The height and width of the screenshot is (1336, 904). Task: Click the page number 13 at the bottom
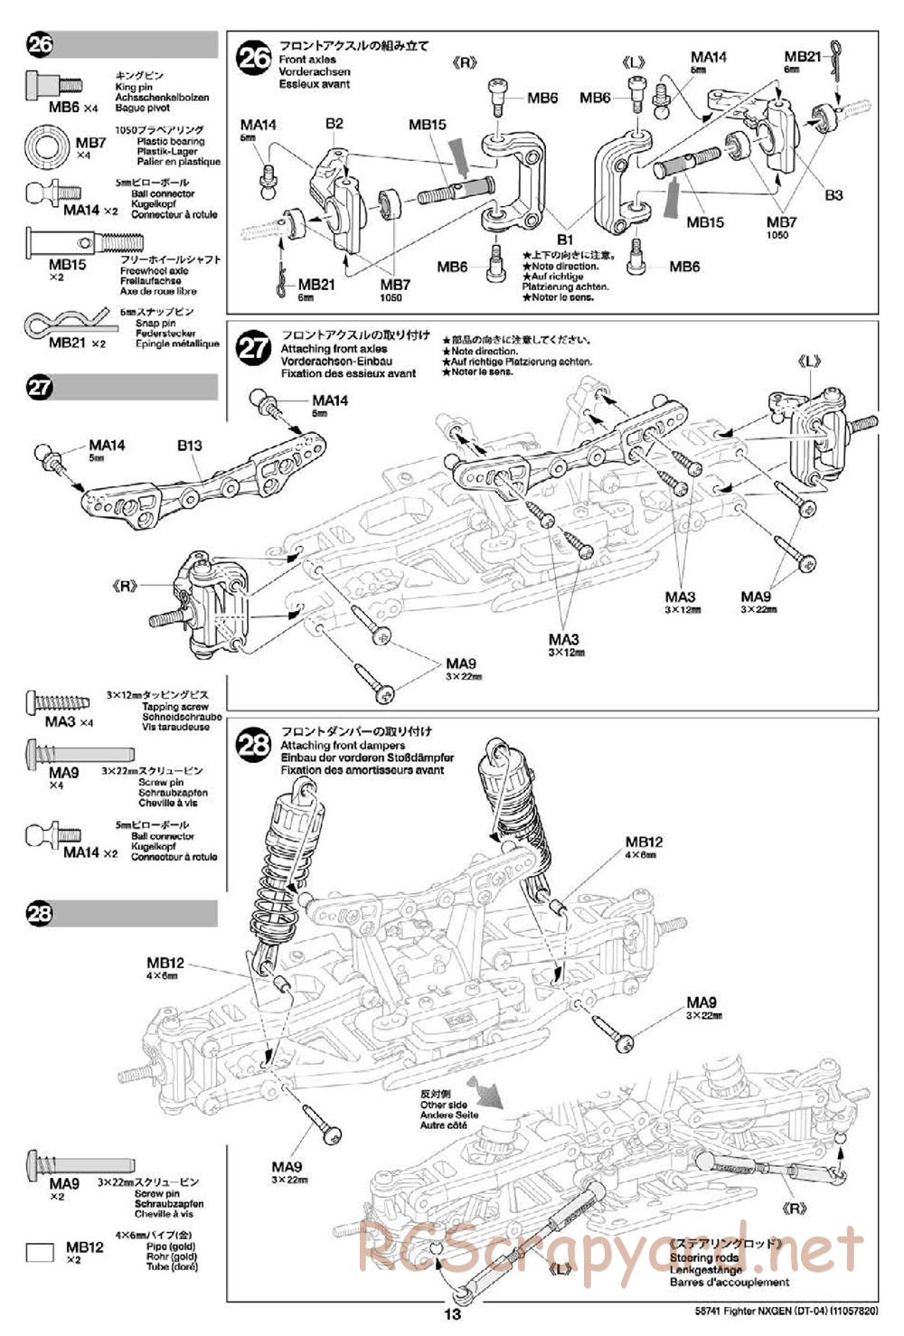[452, 1314]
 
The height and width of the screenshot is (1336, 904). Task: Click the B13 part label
[190, 445]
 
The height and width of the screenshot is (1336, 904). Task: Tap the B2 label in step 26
[334, 123]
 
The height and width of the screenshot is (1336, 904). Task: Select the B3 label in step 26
[833, 194]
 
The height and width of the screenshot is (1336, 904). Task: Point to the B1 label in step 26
[565, 239]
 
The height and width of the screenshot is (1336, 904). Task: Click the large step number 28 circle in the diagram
[253, 745]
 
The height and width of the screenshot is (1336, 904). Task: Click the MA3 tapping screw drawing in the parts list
[59, 701]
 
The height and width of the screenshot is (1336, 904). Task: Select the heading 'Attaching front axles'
[334, 349]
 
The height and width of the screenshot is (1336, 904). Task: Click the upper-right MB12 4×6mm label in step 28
[644, 842]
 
